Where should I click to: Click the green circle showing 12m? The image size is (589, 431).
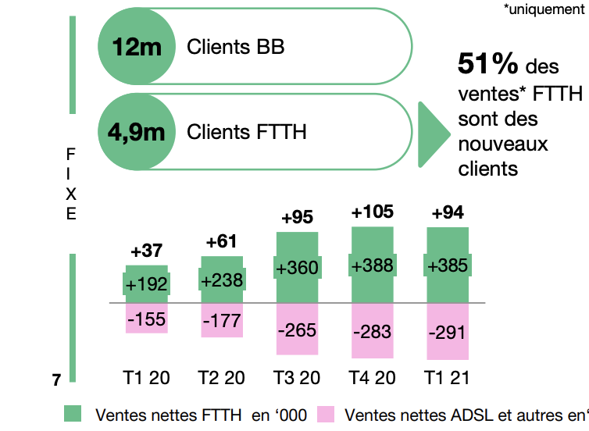pos(137,47)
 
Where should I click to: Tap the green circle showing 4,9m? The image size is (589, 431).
pos(137,131)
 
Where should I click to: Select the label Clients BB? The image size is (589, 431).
pos(235,47)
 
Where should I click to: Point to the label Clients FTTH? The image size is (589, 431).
pos(246,131)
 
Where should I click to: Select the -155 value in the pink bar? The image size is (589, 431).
pos(147,319)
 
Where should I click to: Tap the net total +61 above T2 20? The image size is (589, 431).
pos(223,242)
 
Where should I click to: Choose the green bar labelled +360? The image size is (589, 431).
pos(298,268)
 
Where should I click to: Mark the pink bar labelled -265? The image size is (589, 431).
pos(298,329)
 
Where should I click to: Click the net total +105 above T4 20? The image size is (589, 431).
pos(373,212)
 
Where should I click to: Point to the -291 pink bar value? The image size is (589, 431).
pos(448,332)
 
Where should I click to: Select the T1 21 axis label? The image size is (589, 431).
pos(448,378)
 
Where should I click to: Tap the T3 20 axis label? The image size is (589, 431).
pos(297,378)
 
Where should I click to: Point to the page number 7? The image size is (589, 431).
pos(56,380)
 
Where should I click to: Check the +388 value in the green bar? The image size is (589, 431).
pos(373,266)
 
